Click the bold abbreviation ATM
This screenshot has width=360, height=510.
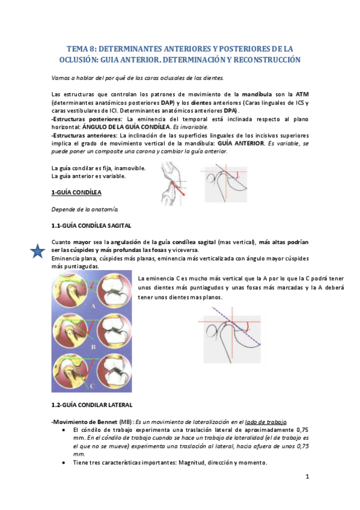point(302,94)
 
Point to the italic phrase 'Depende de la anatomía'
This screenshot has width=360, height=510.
point(84,209)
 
